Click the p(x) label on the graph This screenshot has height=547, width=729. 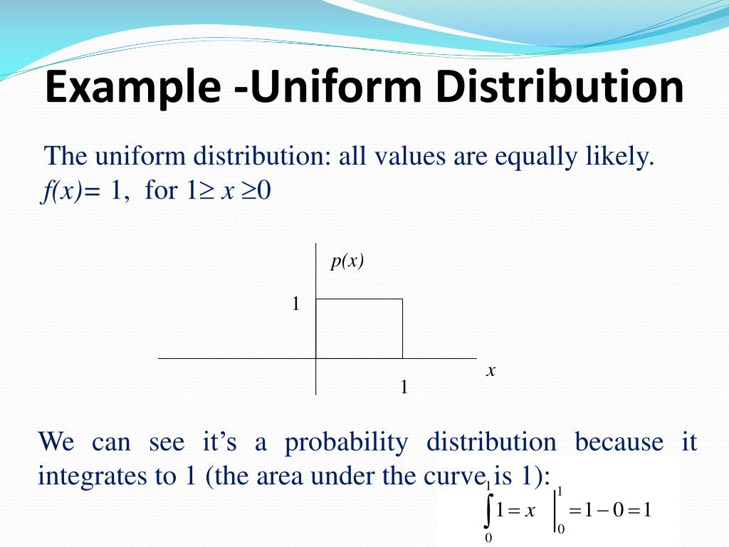[347, 261]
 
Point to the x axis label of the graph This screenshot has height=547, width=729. [491, 370]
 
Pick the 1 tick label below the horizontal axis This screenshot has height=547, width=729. [404, 387]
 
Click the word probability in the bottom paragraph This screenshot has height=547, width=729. [347, 442]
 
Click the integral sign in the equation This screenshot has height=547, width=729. [488, 510]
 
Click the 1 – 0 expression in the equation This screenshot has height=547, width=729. [604, 511]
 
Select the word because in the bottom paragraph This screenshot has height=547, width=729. [619, 442]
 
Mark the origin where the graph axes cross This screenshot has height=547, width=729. [316, 358]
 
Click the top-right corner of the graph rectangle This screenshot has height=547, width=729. [402, 299]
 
